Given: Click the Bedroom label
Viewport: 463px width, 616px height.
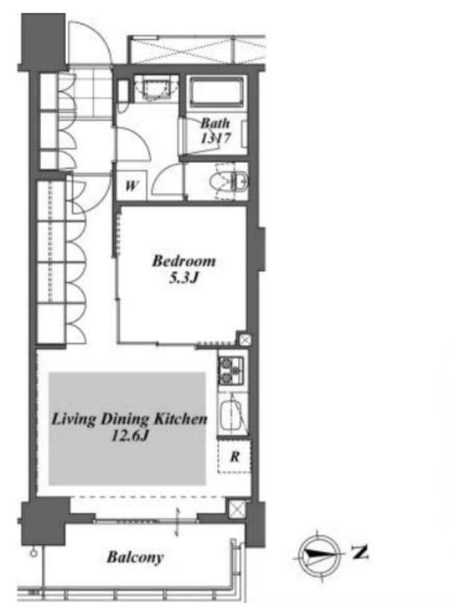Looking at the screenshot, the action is pyautogui.click(x=184, y=261).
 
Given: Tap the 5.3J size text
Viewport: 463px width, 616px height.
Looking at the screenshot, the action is pyautogui.click(x=183, y=278).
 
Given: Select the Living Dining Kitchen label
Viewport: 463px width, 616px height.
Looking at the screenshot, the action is pyautogui.click(x=129, y=419).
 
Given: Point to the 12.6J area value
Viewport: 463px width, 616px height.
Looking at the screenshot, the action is pyautogui.click(x=130, y=436).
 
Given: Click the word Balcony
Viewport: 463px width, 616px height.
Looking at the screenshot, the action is pyautogui.click(x=135, y=557).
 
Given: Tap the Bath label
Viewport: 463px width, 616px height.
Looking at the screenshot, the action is pyautogui.click(x=215, y=123).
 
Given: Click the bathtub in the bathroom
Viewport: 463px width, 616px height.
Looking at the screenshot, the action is pyautogui.click(x=216, y=91).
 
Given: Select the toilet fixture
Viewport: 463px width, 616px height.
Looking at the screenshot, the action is pyautogui.click(x=229, y=182).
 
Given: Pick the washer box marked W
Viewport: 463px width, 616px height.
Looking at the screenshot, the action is pyautogui.click(x=131, y=185).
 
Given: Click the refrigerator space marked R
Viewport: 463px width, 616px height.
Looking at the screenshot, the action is pyautogui.click(x=234, y=457).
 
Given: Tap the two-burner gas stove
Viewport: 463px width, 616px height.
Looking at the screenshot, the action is pyautogui.click(x=231, y=371).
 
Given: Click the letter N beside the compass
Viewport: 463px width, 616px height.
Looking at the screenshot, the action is pyautogui.click(x=359, y=552).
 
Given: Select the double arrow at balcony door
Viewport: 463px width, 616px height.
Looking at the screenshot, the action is pyautogui.click(x=177, y=522).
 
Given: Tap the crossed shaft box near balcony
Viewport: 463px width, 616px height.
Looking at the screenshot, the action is pyautogui.click(x=237, y=509).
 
